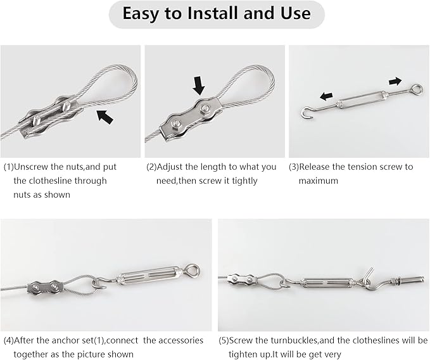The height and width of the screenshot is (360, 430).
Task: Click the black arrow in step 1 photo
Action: (104, 117)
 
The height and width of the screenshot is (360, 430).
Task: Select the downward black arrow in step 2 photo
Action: (199, 86)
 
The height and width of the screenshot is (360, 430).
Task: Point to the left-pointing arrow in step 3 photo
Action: (326, 96)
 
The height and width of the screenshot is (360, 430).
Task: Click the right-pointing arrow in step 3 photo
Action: (395, 81)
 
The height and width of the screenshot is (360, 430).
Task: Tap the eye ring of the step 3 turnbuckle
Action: (417, 89)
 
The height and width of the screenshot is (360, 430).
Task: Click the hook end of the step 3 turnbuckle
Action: (305, 113)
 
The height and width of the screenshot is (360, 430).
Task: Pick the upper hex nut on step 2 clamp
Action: (204, 108)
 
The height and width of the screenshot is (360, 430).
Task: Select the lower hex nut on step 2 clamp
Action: (175, 125)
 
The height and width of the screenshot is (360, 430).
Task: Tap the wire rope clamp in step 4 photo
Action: (45, 288)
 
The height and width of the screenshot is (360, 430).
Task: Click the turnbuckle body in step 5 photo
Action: (328, 282)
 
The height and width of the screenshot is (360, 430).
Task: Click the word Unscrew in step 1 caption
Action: (31, 167)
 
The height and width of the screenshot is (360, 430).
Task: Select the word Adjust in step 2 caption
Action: (169, 167)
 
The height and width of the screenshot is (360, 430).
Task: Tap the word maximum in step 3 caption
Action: (318, 181)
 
